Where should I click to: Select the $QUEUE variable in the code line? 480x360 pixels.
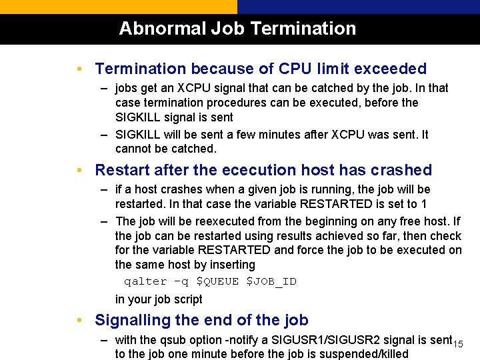(217, 281)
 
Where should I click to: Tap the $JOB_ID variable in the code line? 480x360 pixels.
(271, 281)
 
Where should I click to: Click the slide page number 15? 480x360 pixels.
(458, 343)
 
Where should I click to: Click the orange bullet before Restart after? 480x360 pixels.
(79, 170)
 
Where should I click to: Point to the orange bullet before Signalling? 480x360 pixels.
(79, 320)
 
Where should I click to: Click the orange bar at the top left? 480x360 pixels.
(119, 7)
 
